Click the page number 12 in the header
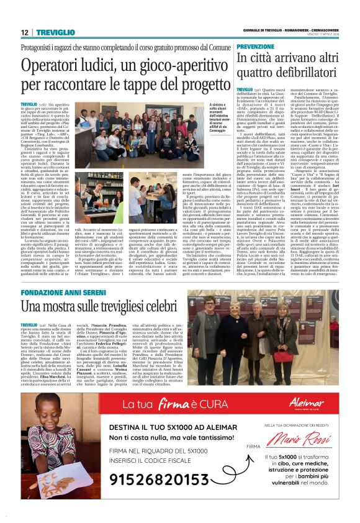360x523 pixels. (24, 32)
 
